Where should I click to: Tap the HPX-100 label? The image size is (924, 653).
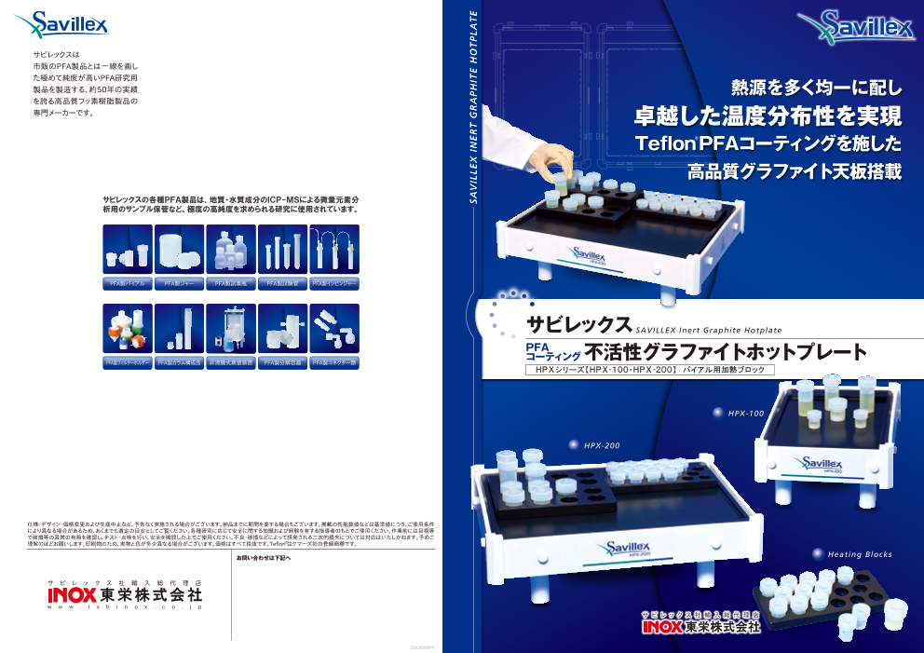pos(745,413)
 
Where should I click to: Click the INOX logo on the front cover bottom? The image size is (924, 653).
pos(700,627)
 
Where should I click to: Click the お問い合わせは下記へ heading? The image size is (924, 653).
pos(264,558)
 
